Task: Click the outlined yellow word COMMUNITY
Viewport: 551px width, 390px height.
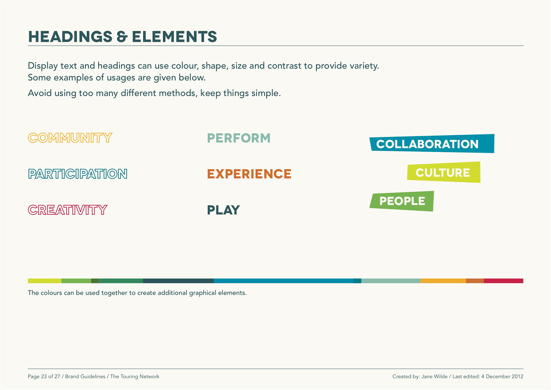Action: [x=70, y=138]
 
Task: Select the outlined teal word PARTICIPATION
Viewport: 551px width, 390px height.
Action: [x=78, y=174]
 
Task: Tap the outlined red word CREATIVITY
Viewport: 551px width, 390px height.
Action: [x=68, y=210]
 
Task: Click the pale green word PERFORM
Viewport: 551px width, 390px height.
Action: [x=239, y=138]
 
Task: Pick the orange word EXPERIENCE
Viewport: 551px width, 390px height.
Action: [x=249, y=174]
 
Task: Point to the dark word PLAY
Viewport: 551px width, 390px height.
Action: [x=224, y=210]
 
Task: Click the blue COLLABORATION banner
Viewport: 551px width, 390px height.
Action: [x=432, y=143]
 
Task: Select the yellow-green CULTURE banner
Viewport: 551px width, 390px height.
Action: [x=444, y=172]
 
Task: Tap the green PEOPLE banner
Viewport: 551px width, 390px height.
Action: [x=402, y=201]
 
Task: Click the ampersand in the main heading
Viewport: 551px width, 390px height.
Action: [x=122, y=37]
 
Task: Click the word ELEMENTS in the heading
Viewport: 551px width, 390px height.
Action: [x=174, y=37]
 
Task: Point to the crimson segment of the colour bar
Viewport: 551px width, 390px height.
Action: [x=504, y=281]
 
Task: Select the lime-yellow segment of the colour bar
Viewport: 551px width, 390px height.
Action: [x=44, y=281]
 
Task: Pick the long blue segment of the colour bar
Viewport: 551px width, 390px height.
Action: [x=284, y=281]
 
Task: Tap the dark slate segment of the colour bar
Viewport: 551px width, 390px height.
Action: [x=178, y=281]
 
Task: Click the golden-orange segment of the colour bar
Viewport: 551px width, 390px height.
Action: [x=443, y=281]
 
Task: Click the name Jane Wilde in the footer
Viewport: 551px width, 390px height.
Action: [x=434, y=376]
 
